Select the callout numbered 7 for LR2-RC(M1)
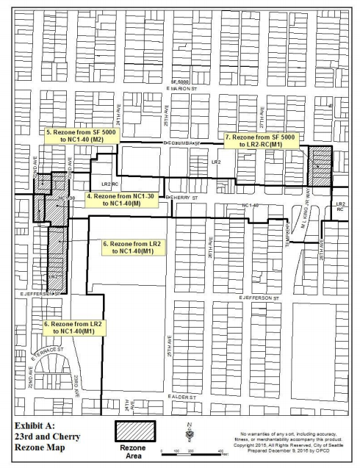coord(257,141)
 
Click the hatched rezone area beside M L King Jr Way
coord(320,168)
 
